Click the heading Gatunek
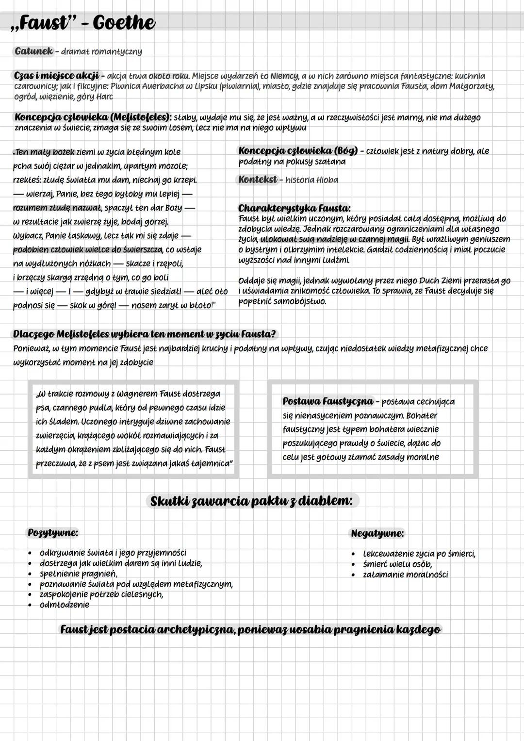pos(33,51)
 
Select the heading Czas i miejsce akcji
pos(56,76)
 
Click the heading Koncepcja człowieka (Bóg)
pos(297,150)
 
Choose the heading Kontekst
pos(257,179)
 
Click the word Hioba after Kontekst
pos(327,180)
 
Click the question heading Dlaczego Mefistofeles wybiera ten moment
pos(144,334)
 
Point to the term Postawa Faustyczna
pos(327,401)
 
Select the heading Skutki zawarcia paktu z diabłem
pos(251,501)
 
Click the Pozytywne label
pos(53,532)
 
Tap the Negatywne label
pos(377,533)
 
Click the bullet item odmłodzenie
pos(65,605)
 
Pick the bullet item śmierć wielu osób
pos(397,564)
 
